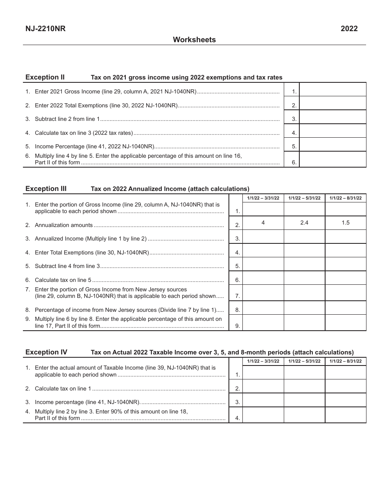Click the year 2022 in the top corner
[349, 28]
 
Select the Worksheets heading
[194, 40]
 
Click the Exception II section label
[45, 77]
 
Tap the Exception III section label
[46, 188]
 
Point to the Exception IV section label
[46, 352]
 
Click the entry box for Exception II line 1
[333, 90]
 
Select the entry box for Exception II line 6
[333, 159]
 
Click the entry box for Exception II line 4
[333, 131]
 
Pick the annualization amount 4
[263, 222]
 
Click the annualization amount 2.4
[304, 222]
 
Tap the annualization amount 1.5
[346, 222]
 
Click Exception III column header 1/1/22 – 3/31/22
[263, 198]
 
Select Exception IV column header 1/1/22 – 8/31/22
[346, 361]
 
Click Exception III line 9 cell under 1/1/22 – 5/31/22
[304, 322]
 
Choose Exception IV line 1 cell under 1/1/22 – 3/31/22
[263, 372]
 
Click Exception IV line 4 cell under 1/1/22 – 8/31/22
[346, 415]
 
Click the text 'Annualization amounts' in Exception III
[63, 225]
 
